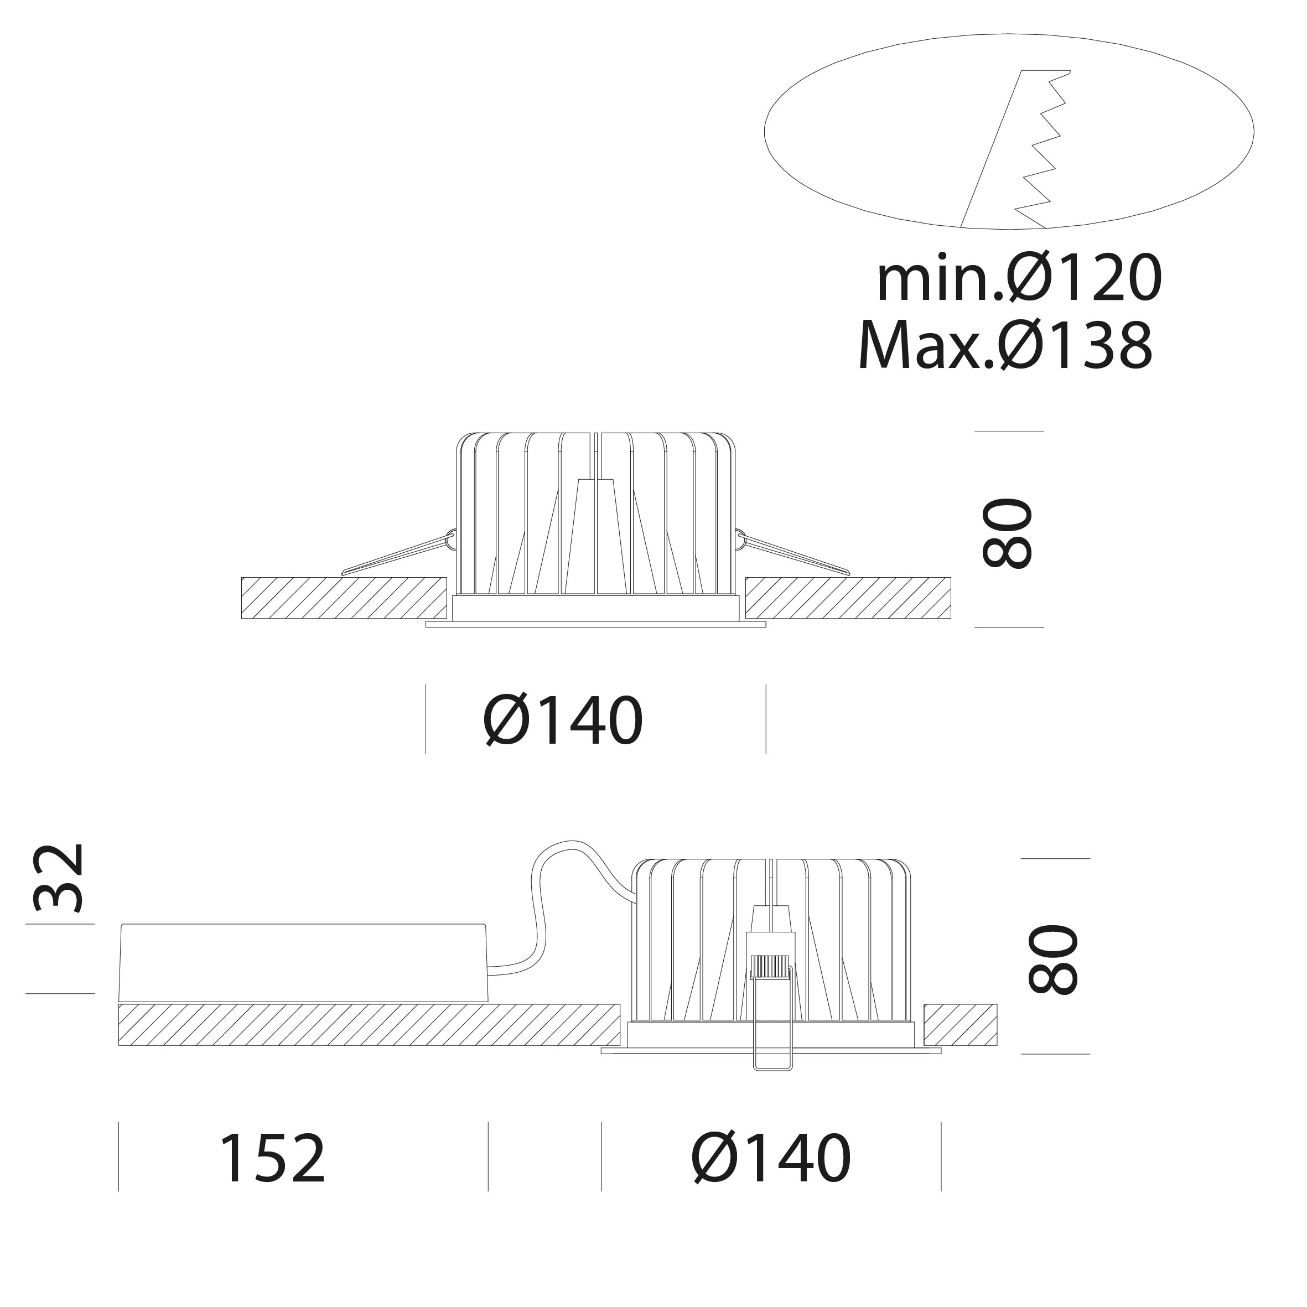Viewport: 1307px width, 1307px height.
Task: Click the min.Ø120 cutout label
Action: coord(1019,279)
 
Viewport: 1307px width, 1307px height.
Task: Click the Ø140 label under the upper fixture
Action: coord(563,721)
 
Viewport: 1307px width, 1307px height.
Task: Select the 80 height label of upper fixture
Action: coord(1007,533)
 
